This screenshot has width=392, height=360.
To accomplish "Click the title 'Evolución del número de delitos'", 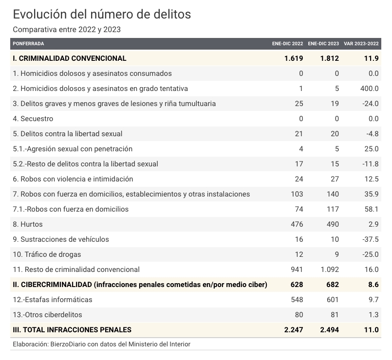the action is pos(102,14).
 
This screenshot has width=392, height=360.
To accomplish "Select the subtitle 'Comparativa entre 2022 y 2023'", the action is pos(67,30).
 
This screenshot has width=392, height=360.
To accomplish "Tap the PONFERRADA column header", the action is pos(29,44).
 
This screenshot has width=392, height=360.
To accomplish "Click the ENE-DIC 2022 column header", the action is pos(287,44).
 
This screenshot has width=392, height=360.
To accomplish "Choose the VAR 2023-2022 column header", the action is pos(361,44).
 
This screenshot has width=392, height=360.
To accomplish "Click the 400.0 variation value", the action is pos(369,89).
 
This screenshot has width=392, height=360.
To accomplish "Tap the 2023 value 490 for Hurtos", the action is pos(333,224).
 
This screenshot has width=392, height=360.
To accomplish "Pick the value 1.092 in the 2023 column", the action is pos(330,270).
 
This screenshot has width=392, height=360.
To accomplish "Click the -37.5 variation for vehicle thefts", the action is pos(371,239).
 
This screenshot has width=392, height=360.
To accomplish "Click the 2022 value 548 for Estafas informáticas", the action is pos(297,300).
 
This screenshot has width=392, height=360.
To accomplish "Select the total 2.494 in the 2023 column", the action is pos(330,330).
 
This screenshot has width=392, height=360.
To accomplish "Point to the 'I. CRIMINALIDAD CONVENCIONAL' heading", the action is pos(70,58).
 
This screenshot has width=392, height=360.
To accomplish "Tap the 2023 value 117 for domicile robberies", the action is pos(333,209).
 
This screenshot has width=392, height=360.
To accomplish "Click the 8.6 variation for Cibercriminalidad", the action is pos(373,285).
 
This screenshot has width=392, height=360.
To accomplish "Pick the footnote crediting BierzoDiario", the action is pos(102,344).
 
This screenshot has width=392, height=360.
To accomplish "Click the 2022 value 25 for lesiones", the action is pos(299,104).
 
